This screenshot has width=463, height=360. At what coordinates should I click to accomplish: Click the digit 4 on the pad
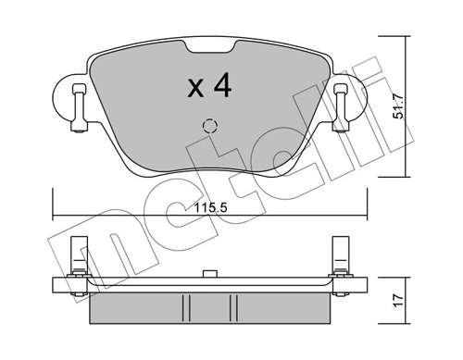tap(220, 87)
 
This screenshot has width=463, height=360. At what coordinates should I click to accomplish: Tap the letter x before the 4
tap(194, 90)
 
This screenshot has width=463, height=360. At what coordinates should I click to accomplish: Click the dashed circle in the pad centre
tap(209, 127)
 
